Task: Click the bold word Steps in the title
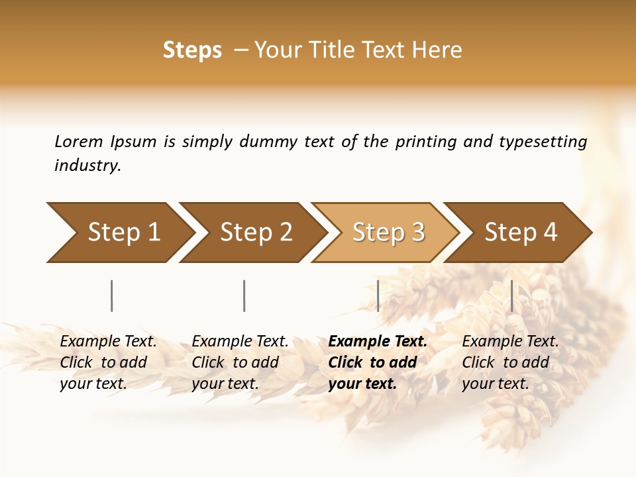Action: pos(192,50)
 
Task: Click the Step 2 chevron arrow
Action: pos(252,232)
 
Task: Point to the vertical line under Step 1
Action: pos(111,295)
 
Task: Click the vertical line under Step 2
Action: pos(244,295)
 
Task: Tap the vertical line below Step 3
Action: pos(378,295)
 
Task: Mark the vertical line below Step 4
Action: pos(511,295)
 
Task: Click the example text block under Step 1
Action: pos(108,362)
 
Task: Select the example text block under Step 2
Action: pos(240,362)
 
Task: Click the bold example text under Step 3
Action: pos(378,362)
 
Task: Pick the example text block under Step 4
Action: pos(510,362)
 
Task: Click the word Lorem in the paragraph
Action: pos(79,142)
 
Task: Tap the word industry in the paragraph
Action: pos(87,166)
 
